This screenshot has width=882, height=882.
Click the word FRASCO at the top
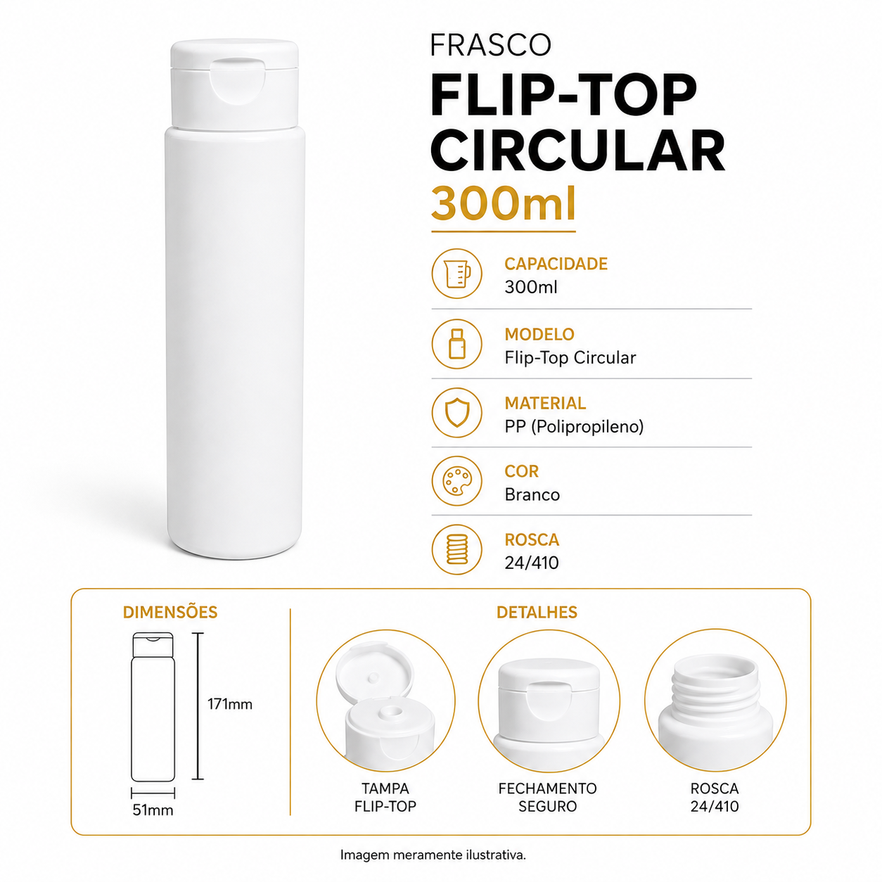[490, 45]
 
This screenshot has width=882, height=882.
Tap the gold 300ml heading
[503, 204]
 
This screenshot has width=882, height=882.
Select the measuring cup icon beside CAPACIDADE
[456, 273]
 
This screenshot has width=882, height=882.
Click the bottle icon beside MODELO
[456, 344]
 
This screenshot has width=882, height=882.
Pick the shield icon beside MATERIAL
[456, 412]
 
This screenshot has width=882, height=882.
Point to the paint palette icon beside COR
[456, 480]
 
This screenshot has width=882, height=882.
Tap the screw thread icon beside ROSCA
[456, 549]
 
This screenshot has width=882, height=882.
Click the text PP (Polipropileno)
[574, 427]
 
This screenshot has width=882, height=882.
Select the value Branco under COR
[532, 494]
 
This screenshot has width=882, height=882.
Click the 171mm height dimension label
[230, 704]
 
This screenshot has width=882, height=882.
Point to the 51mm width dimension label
[153, 810]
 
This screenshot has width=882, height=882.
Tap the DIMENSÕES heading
[170, 612]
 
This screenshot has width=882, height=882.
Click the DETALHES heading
[537, 612]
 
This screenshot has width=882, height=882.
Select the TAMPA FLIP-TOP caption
[385, 797]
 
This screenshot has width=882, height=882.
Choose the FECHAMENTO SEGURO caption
[547, 797]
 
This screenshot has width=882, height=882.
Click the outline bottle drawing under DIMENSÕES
[153, 707]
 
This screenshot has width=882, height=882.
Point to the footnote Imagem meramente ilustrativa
[433, 855]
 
